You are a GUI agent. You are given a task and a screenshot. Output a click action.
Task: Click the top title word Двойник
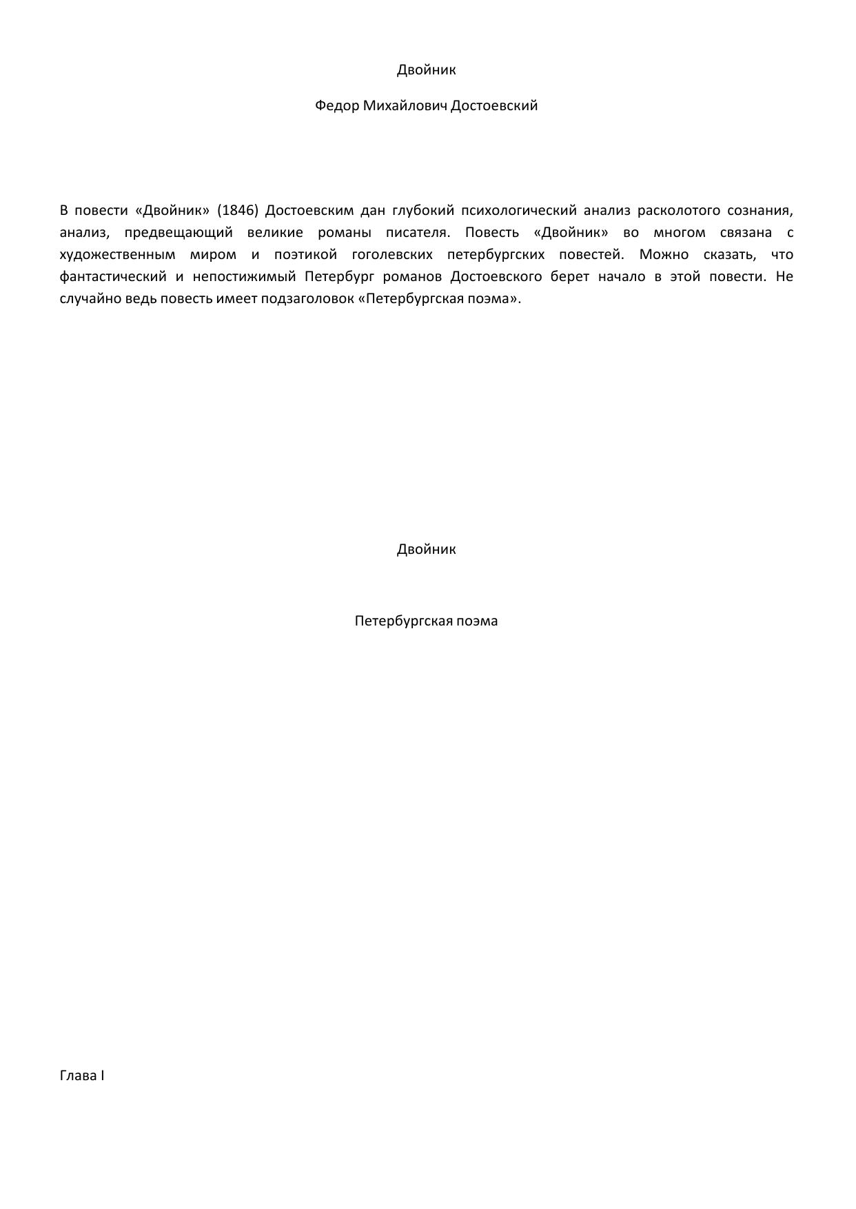point(426,70)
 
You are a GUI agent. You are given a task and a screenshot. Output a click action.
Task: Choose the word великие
point(274,232)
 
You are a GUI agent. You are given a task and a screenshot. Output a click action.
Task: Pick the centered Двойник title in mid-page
point(426,549)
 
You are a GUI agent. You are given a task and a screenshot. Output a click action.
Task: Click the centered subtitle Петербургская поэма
point(426,621)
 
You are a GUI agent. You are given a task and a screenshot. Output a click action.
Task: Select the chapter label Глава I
point(82,1075)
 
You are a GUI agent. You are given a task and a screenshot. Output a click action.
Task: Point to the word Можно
point(663,254)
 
